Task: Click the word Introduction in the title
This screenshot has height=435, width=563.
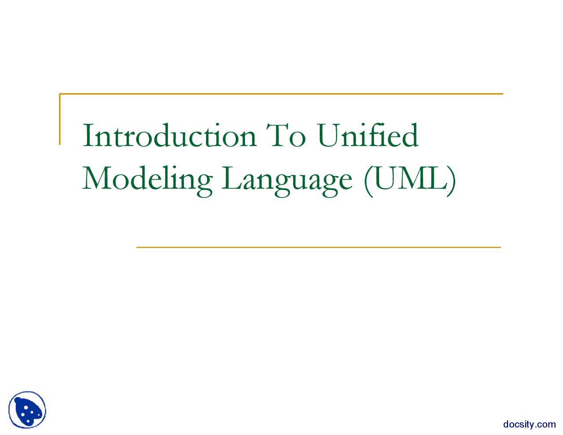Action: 169,135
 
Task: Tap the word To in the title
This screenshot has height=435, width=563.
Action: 286,135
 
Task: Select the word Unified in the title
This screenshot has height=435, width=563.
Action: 367,135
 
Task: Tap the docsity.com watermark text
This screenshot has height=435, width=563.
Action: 529,424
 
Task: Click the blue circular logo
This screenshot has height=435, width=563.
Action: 27,409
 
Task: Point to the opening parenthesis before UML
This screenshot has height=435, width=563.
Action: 368,181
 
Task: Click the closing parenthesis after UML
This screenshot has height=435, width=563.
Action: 451,181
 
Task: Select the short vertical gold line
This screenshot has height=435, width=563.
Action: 59,119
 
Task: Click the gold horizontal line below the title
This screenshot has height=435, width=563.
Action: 318,248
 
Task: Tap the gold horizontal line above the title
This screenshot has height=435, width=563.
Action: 281,94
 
